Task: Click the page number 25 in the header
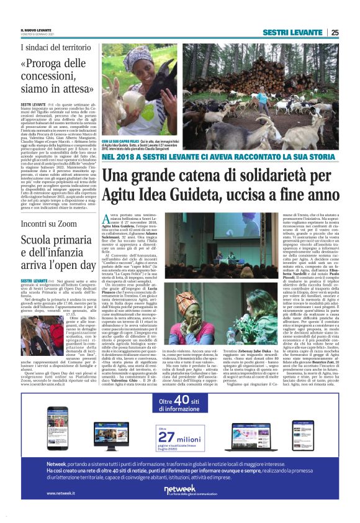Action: (334, 32)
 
